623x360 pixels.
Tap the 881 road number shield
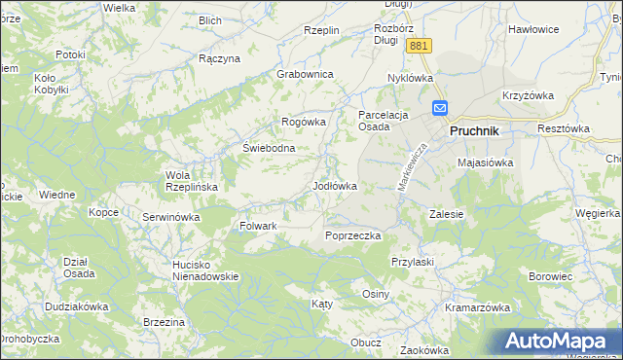(x=420, y=47)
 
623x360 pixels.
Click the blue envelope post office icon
(x=440, y=109)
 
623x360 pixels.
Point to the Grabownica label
(x=305, y=74)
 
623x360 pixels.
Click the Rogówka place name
(x=303, y=121)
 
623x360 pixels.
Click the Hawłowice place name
(x=533, y=29)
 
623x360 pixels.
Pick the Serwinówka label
(x=171, y=217)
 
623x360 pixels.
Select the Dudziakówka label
(x=76, y=306)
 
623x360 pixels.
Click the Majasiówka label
(x=485, y=162)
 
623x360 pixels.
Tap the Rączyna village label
(x=219, y=58)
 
